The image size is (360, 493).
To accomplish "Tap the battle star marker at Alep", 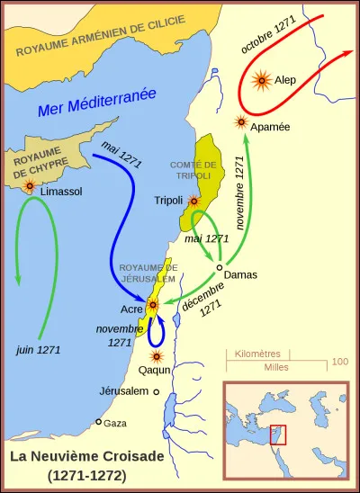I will (262, 81).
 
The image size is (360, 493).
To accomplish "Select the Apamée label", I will (271, 127).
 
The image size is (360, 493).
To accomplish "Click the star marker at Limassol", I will (31, 185).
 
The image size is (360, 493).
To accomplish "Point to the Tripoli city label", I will (168, 200).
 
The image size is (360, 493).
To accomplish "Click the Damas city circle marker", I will (219, 267).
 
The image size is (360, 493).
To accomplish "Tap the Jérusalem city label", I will (123, 391).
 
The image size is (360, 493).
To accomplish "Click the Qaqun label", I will (156, 370).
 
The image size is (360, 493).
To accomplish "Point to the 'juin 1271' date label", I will (39, 349).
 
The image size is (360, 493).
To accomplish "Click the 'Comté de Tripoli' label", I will (193, 170).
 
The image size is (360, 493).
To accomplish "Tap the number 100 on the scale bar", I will (339, 361).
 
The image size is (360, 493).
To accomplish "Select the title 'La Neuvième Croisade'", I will (75, 456).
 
